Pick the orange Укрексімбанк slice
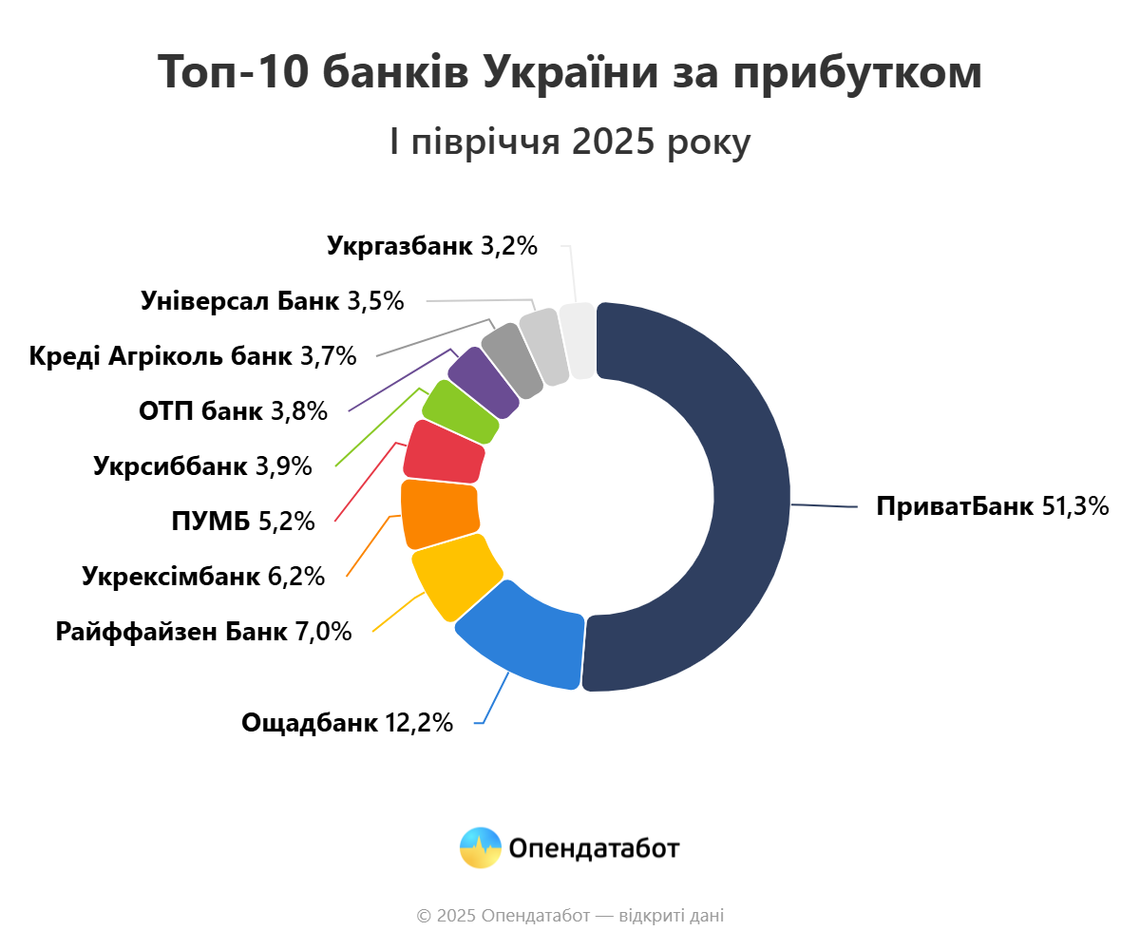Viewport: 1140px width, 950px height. pos(439,513)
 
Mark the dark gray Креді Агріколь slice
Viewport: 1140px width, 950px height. pos(511,359)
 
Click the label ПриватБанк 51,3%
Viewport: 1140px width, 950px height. pos(993,506)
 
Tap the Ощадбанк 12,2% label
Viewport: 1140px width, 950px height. pos(347,723)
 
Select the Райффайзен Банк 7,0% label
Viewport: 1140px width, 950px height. pos(203,631)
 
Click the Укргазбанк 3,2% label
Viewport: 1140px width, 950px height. pos(432,246)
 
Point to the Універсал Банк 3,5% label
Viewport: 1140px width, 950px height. pos(272,301)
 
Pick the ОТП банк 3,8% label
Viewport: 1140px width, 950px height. pos(233,411)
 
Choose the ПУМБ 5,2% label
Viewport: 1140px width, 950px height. pos(241,521)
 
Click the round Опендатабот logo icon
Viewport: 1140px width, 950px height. pos(480,847)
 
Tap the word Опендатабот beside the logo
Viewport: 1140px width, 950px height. pos(594,848)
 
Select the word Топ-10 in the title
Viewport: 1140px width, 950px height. pos(228,72)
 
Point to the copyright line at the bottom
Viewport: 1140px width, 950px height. pos(570,916)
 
